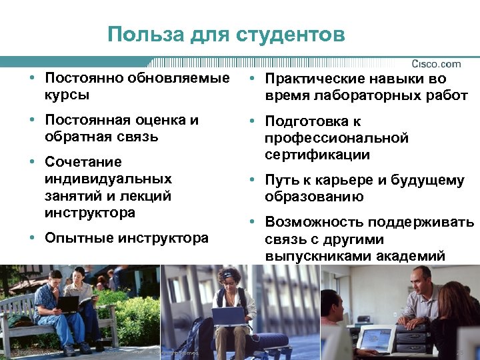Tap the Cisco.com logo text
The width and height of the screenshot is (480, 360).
tap(436, 64)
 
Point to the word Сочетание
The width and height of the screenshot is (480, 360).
tap(83, 162)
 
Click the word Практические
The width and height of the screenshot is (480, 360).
tap(317, 79)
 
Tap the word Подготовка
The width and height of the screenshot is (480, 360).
tap(303, 121)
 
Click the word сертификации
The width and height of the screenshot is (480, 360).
tap(317, 155)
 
